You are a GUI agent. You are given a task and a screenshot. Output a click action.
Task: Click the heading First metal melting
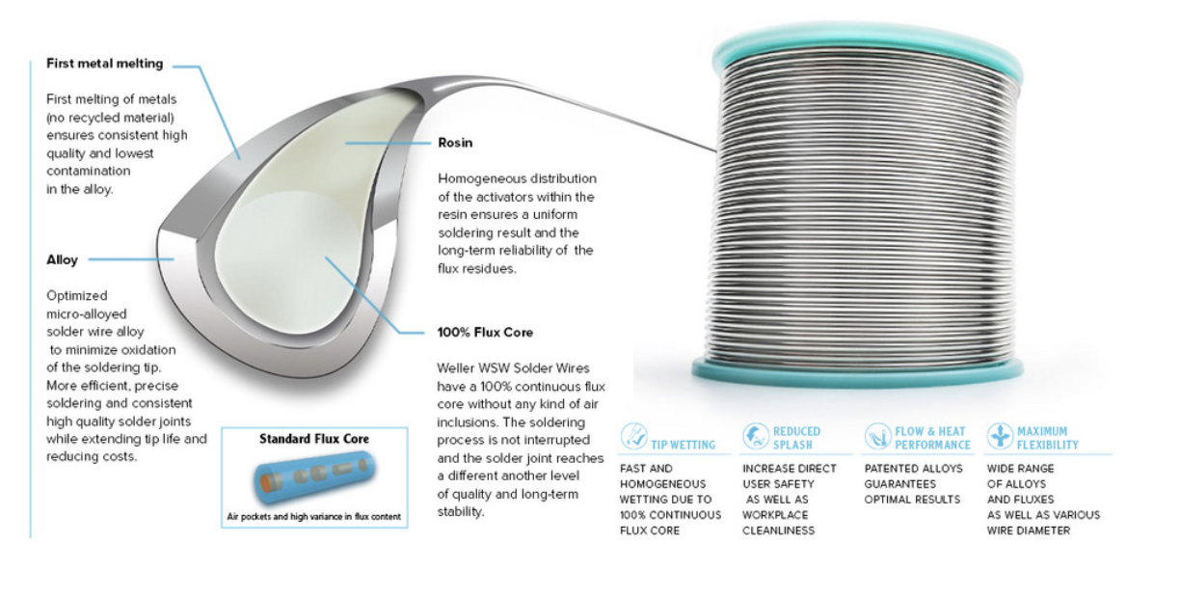(105, 64)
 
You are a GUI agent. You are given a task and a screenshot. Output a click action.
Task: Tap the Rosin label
(455, 143)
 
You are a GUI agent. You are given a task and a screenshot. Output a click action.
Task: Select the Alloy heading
(62, 259)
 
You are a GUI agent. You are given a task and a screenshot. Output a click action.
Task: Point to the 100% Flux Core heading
(485, 333)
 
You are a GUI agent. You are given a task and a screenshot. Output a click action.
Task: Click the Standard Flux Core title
(314, 439)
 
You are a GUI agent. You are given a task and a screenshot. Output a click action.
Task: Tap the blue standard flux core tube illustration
(314, 477)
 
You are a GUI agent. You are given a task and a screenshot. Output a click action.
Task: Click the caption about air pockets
(314, 517)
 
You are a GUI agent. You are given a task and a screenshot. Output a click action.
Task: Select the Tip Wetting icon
(633, 436)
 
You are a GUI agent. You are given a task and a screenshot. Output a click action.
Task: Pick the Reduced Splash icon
(756, 436)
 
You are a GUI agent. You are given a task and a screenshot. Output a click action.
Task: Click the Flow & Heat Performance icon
(877, 436)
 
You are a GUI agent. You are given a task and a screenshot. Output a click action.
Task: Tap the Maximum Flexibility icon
(1000, 436)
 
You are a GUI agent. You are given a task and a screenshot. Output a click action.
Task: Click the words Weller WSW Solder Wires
(513, 368)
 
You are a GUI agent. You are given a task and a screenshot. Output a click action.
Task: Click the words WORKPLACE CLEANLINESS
(778, 523)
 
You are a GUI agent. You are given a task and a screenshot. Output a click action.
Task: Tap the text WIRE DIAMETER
(1029, 530)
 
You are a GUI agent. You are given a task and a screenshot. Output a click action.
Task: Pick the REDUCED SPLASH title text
(796, 438)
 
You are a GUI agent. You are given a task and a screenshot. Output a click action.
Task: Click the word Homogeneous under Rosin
(480, 179)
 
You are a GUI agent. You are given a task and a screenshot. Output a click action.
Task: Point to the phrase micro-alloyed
(87, 314)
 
